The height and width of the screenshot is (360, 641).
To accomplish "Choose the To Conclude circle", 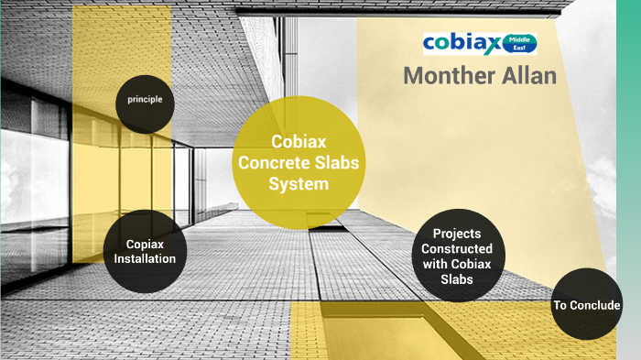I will coord(587,305).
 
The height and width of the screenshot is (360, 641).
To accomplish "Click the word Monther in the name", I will coord(447,76).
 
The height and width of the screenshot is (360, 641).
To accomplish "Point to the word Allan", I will coord(527,76).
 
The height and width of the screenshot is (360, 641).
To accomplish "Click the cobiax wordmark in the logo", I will coord(462,43).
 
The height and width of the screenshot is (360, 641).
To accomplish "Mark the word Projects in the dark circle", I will coord(456,234).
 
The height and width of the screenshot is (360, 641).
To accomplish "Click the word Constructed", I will coord(462,248).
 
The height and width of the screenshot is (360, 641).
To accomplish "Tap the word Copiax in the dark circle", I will coord(145,244).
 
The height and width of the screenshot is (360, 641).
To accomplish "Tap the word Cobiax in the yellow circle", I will coord(293,142).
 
